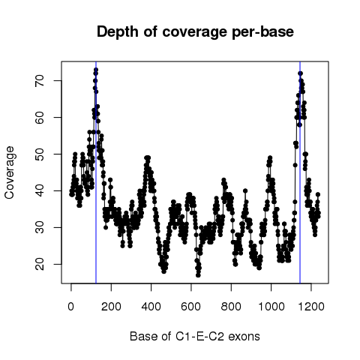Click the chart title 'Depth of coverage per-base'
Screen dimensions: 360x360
195,32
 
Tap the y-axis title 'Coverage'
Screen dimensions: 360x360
10,172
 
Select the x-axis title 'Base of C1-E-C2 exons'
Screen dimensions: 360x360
195,336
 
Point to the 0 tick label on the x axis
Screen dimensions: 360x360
71,306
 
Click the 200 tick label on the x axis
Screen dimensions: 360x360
111,306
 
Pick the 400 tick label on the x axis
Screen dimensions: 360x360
151,306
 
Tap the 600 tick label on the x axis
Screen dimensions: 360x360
191,306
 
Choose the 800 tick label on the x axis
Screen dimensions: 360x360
231,306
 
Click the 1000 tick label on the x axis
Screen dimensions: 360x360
271,306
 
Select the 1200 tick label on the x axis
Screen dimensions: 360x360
311,306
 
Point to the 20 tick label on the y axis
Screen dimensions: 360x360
40,264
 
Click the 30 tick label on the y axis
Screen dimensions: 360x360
40,227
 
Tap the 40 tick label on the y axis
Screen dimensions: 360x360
40,190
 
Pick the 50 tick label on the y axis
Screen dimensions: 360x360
40,154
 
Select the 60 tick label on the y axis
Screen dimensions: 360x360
40,117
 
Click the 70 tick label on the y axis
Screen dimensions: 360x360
40,80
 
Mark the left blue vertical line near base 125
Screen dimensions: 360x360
96,172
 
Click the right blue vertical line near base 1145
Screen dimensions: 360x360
300,172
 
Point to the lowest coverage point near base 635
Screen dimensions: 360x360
198,275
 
